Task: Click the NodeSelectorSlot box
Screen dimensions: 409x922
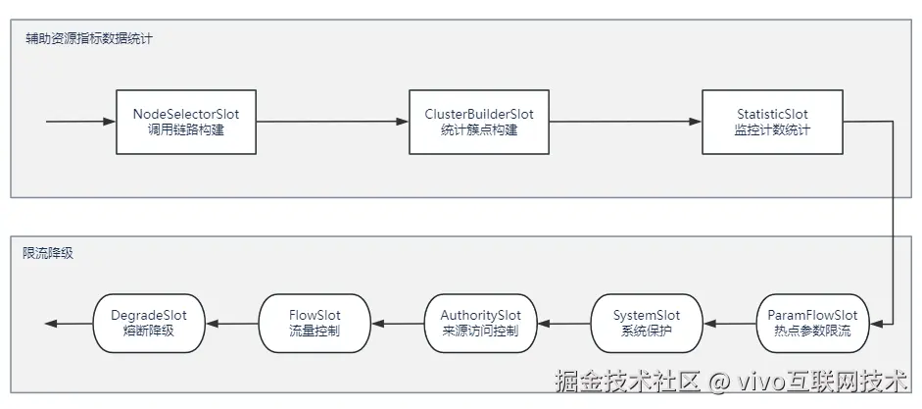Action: click(185, 122)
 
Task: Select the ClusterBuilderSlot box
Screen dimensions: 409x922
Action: click(478, 122)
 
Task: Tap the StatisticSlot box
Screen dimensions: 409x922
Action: click(772, 122)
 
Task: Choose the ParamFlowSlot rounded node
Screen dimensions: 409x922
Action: click(812, 324)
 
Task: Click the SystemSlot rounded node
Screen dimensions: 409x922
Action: click(646, 324)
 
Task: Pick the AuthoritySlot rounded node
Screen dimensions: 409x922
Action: click(480, 324)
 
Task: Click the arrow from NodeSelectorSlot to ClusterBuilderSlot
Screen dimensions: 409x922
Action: click(332, 122)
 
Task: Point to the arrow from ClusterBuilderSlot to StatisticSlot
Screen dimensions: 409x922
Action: click(625, 122)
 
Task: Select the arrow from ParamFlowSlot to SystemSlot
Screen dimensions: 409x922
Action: click(729, 324)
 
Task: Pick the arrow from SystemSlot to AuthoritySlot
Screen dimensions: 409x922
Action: click(563, 324)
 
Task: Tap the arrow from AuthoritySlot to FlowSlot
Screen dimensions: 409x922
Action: click(397, 324)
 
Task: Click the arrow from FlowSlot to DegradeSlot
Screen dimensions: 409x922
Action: click(231, 324)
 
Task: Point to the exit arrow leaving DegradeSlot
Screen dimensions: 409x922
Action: click(69, 324)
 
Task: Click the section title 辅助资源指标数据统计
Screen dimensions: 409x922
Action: click(88, 38)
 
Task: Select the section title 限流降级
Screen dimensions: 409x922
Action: click(48, 252)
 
